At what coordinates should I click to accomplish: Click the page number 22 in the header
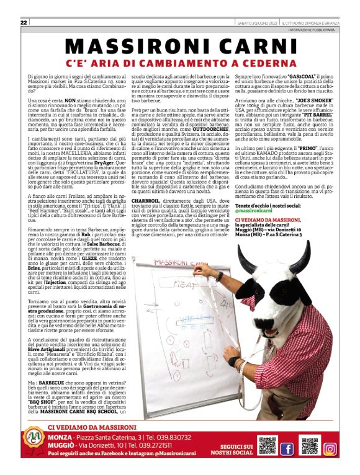24,22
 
